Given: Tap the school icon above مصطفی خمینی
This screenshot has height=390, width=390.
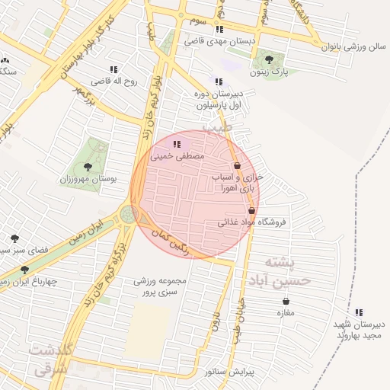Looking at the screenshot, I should point(177,143).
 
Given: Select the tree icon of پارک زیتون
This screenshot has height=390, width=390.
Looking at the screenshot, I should point(268,60).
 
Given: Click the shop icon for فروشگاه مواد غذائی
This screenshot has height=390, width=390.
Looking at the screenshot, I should point(252,211).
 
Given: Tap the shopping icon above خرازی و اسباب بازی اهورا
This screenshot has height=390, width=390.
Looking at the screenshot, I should point(237,165).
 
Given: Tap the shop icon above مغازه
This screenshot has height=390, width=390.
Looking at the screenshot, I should point(286,301).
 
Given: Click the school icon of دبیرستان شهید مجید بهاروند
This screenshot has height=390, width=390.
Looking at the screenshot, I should point(359,312).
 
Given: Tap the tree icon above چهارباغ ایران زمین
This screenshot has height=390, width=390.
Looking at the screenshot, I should point(25,270).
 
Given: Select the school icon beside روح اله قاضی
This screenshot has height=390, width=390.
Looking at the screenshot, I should point(114,69).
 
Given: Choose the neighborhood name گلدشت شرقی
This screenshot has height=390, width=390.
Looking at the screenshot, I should point(51,358).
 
